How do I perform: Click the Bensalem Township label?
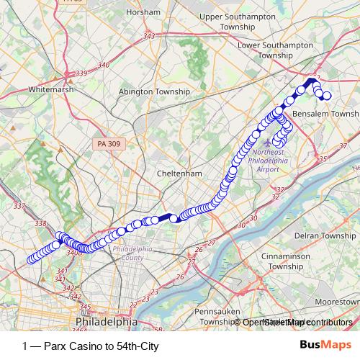click(326, 114)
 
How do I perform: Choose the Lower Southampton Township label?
click(275, 50)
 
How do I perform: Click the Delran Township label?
click(328, 235)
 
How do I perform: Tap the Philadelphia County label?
click(132, 253)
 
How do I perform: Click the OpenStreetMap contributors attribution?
click(297, 323)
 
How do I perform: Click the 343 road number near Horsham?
click(150, 36)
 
